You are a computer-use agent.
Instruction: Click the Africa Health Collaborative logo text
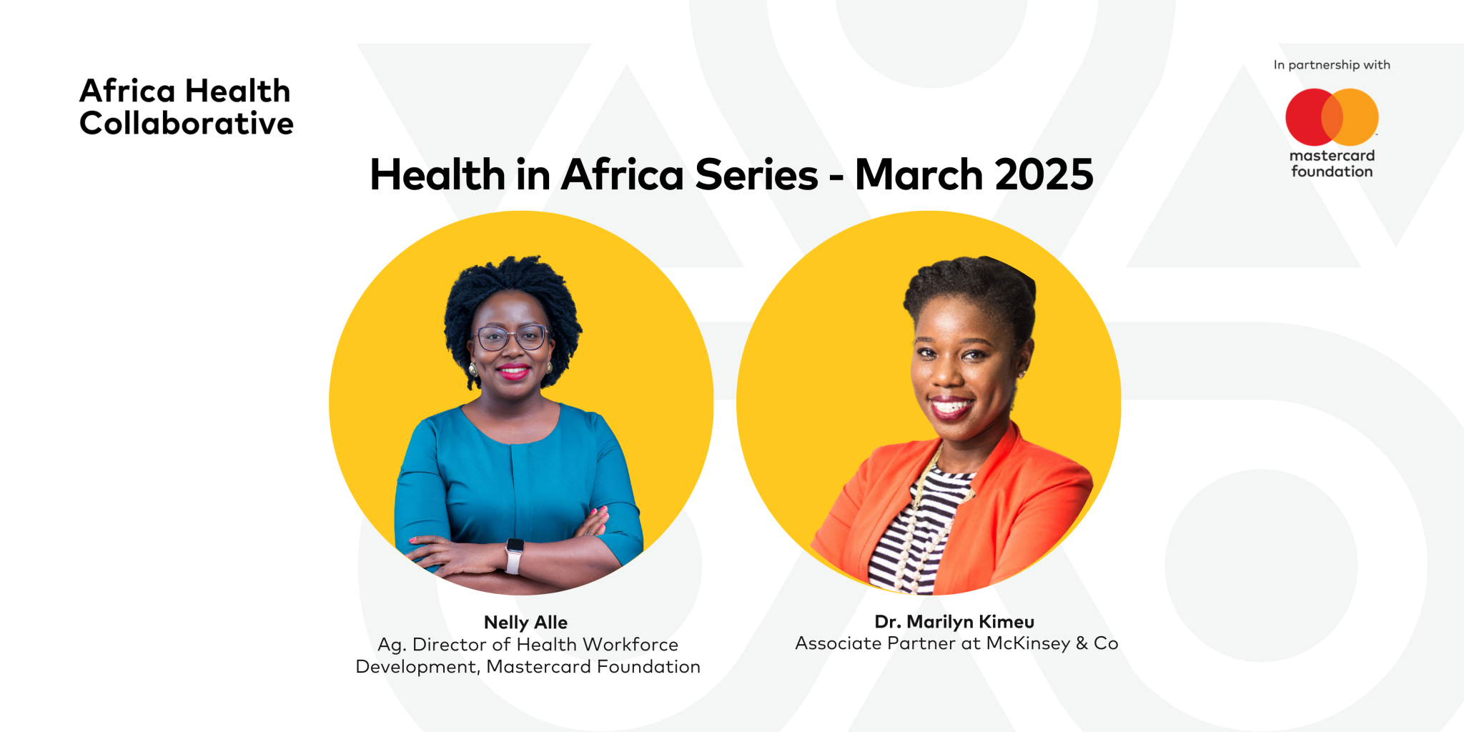pos(186,107)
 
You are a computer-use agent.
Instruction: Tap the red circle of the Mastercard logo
pos(1305,117)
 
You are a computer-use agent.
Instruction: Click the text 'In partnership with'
pos(1331,65)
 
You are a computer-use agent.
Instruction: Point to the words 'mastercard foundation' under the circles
pos(1332,164)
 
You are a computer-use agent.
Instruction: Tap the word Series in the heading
pos(756,175)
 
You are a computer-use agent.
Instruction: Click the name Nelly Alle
pos(525,623)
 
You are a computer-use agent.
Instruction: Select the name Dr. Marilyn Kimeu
pos(954,622)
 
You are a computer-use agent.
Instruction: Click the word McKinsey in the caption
pos(1028,643)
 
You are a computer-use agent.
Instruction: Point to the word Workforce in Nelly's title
pos(630,645)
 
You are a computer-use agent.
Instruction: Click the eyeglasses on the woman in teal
pos(511,337)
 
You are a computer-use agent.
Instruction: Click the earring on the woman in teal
pos(473,369)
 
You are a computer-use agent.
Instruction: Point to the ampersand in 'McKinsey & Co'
pos(1082,643)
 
